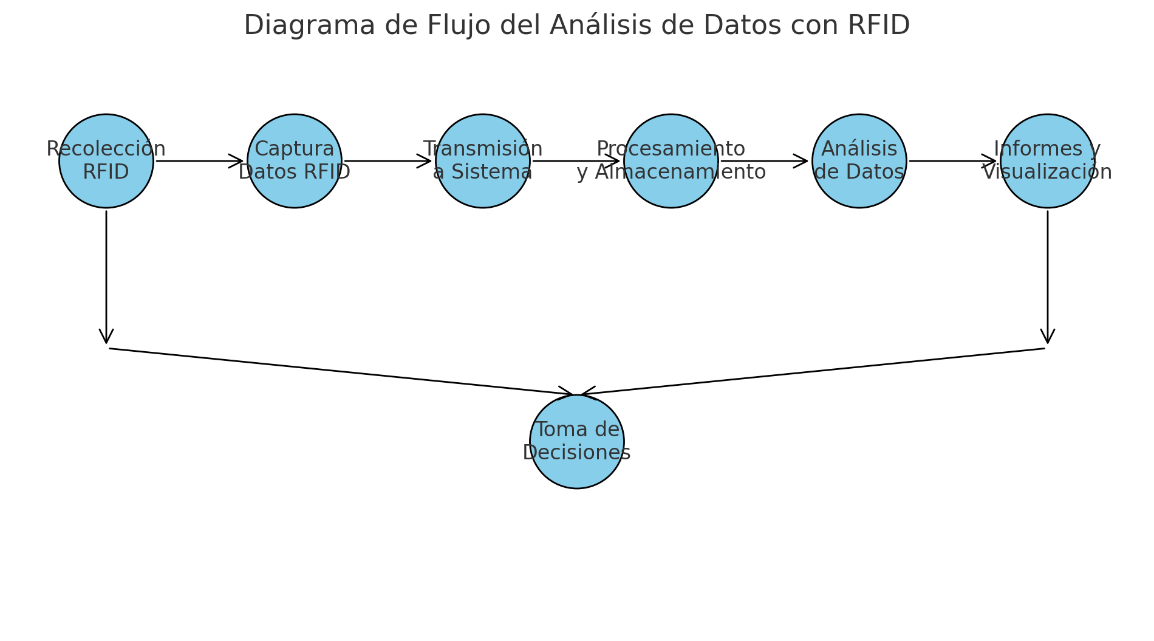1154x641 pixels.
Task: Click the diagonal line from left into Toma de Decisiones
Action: (x=340, y=371)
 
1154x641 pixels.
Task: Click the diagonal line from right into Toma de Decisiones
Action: (x=814, y=371)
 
